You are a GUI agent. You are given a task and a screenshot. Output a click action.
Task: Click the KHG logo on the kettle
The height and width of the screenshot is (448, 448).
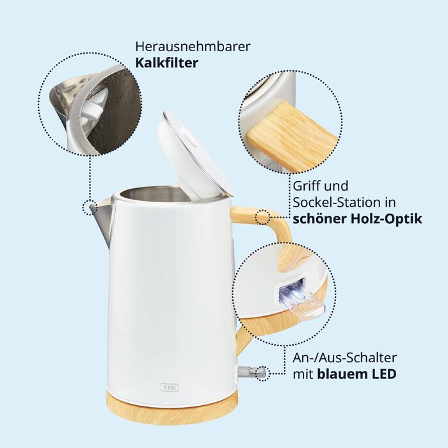click(x=170, y=387)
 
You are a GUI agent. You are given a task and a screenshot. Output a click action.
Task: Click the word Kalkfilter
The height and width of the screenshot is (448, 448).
click(x=166, y=63)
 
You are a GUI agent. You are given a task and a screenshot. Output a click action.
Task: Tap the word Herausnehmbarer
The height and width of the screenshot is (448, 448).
click(x=193, y=47)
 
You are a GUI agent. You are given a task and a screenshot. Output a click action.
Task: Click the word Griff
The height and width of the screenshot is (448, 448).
click(x=305, y=186)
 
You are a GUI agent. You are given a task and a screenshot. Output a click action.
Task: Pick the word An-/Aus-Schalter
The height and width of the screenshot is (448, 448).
click(x=344, y=358)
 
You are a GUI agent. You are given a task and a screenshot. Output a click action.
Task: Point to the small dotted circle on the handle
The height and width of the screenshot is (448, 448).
click(x=262, y=218)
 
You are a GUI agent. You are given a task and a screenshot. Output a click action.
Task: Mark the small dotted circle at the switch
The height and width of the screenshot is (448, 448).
click(x=262, y=373)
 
